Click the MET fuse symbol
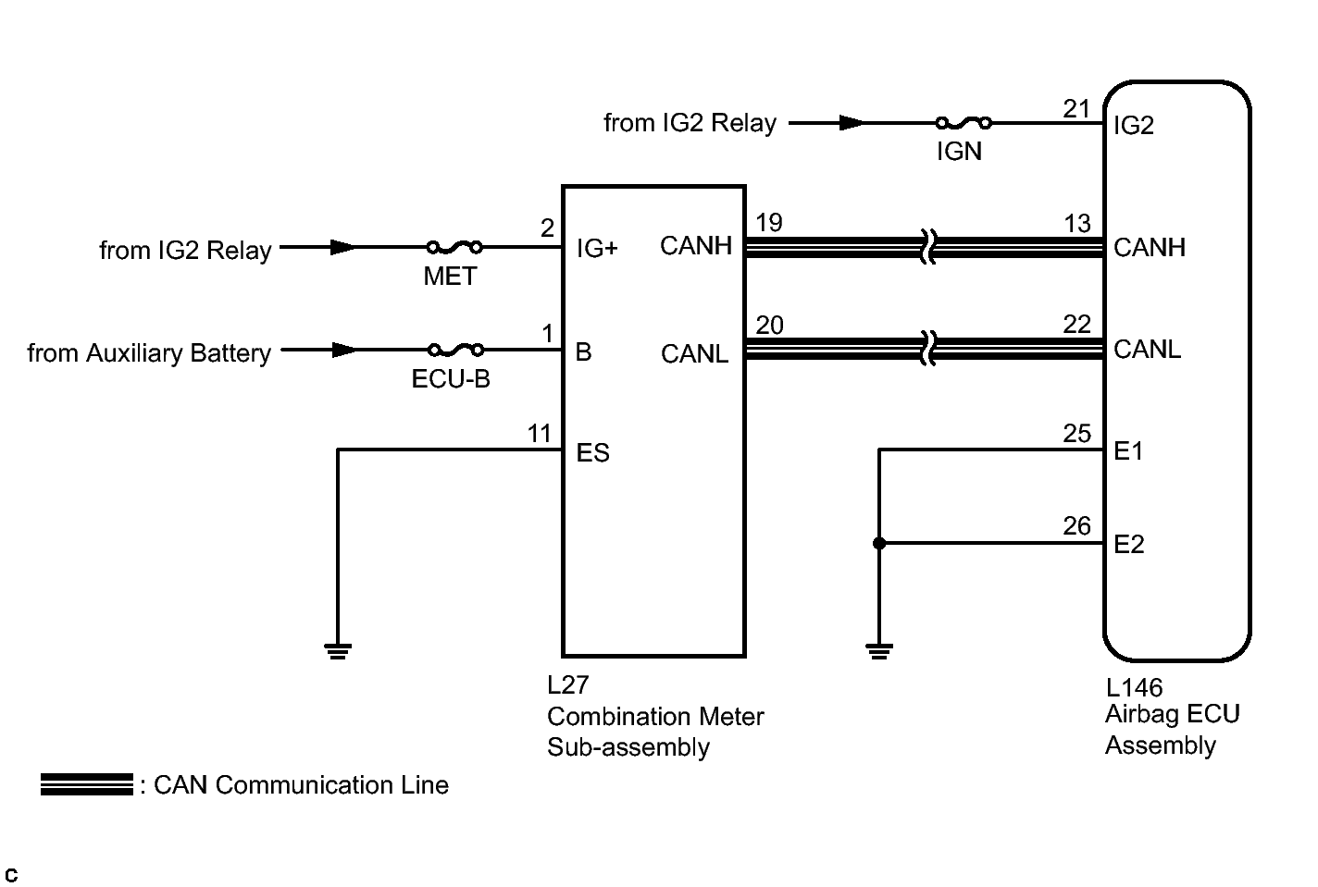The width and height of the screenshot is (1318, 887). pos(454,248)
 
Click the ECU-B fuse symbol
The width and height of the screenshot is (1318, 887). pos(455,351)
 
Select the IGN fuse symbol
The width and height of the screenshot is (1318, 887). pos(964,123)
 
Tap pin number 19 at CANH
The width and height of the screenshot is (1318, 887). pos(769,223)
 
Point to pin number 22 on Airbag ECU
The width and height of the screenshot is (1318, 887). pos(1076,325)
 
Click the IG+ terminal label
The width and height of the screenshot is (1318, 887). pos(597,248)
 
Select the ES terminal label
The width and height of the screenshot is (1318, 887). pos(592,452)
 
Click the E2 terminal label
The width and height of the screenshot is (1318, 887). pos(1129,544)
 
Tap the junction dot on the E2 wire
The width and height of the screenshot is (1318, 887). pos(879,544)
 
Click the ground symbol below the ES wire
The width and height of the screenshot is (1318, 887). pos(338,651)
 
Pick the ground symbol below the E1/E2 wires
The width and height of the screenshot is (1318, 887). pos(879,651)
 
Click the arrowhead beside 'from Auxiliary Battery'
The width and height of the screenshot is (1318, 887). pos(343,351)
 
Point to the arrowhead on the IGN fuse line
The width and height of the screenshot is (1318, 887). pos(852,123)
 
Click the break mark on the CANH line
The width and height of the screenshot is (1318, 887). pos(928,248)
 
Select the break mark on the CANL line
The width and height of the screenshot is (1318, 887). pos(928,349)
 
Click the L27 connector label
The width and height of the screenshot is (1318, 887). pos(567,685)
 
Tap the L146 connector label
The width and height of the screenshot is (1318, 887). pos(1134,688)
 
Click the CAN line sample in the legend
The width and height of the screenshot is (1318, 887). pos(87,784)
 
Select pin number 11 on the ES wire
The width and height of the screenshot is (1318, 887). pos(539,434)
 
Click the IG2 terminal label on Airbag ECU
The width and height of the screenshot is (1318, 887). pos(1134,125)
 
